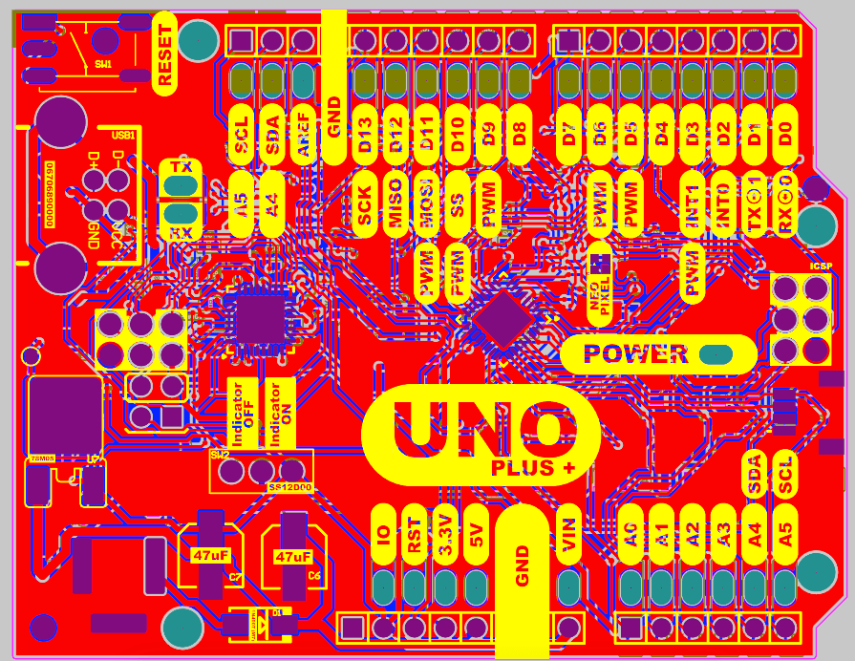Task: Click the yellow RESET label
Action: (165, 54)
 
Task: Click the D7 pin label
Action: (569, 135)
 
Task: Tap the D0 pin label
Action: (785, 135)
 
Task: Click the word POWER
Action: (635, 353)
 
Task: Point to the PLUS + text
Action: (533, 468)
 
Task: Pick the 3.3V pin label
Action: (445, 536)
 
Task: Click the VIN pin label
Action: (570, 536)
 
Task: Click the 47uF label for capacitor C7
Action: (210, 556)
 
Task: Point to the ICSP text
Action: (820, 267)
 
